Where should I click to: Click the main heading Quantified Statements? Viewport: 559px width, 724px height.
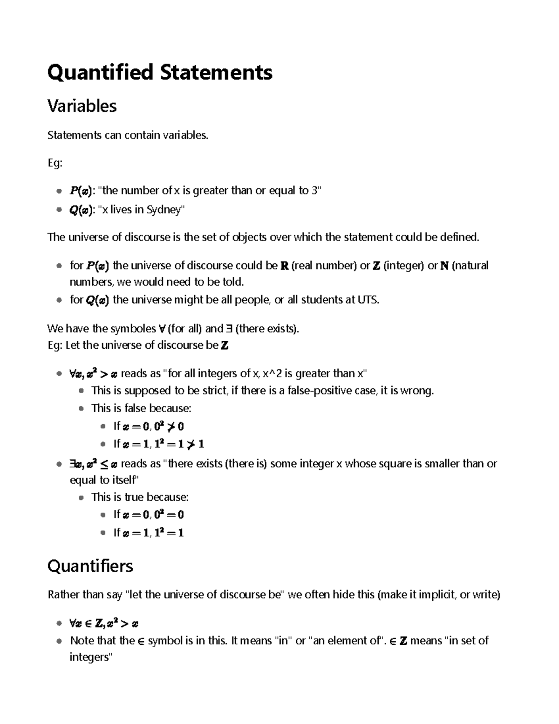point(160,73)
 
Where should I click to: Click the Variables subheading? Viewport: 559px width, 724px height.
point(82,106)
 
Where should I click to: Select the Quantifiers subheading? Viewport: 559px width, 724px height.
point(90,566)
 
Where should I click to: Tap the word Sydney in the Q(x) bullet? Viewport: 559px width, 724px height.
point(165,210)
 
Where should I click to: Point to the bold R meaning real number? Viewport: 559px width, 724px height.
point(285,266)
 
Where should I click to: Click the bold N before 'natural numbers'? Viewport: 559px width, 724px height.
point(444,266)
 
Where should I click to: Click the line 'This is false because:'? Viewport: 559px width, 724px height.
point(141,408)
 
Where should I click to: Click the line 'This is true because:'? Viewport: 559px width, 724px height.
point(140,497)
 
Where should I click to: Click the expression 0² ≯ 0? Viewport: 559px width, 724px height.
point(169,426)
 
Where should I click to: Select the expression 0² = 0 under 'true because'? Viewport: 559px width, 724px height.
point(169,515)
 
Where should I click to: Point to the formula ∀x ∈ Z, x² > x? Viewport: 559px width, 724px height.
point(103,623)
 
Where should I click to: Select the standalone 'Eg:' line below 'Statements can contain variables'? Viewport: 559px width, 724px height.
point(55,163)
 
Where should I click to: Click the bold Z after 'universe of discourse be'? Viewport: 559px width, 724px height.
point(225,345)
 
